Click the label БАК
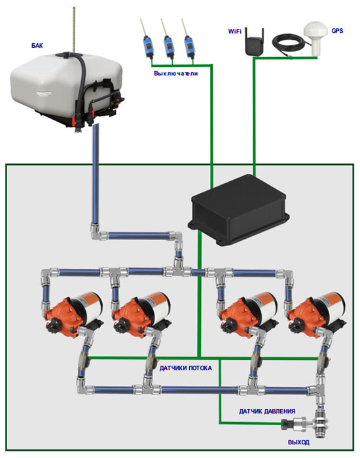37,45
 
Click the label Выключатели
175,73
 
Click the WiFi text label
235,31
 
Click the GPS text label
337,31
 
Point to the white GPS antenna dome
315,37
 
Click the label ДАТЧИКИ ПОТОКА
185,368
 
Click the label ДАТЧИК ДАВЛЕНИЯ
267,412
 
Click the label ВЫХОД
298,442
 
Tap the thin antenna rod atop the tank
74,29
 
